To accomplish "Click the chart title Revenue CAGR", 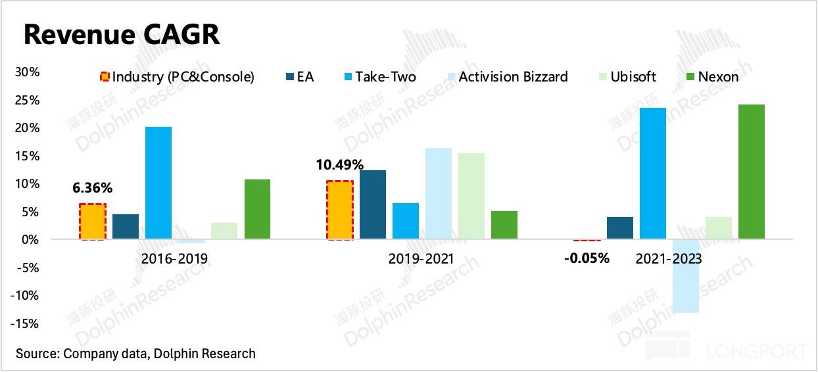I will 122,35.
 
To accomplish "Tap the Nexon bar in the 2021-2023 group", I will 752,172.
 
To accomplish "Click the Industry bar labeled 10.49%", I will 340,210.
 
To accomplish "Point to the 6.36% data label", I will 92,188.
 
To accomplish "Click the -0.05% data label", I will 587,258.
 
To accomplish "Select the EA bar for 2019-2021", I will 373,204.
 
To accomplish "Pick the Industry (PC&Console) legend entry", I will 176,77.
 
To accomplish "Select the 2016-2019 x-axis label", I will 174,258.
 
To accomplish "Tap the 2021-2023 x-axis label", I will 669,258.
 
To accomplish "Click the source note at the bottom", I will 135,354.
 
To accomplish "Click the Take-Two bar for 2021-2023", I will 653,173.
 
